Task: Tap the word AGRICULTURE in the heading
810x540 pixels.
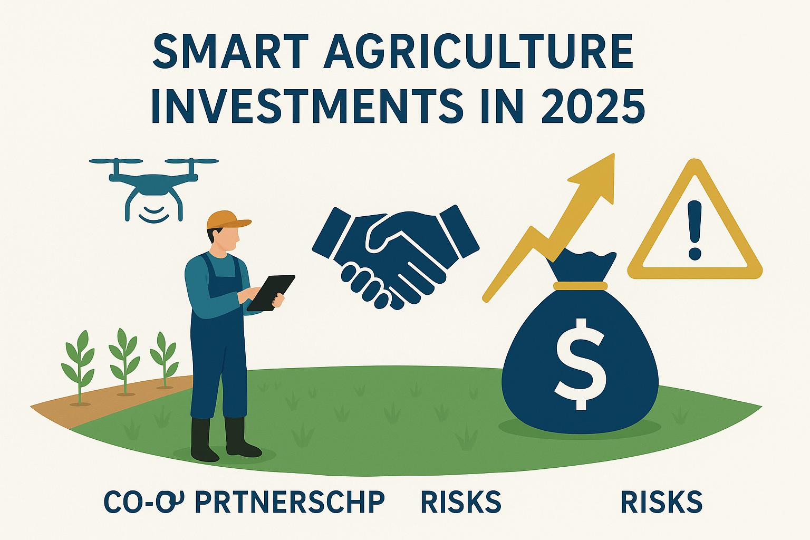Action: click(479, 53)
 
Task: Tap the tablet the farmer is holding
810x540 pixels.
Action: click(271, 292)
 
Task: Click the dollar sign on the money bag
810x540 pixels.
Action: click(580, 364)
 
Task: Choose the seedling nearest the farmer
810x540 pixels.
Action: click(164, 359)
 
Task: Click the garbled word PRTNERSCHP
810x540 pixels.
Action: click(290, 502)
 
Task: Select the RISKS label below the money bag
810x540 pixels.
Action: click(661, 502)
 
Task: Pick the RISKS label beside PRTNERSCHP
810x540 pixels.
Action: click(461, 502)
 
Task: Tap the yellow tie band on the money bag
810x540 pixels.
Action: click(580, 286)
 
